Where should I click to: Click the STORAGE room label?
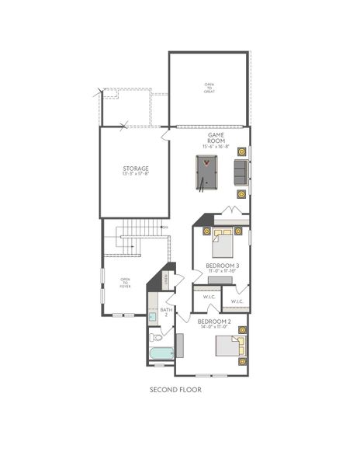tap(136, 168)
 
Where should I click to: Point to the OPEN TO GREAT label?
tap(209, 88)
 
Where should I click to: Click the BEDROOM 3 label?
tap(222, 265)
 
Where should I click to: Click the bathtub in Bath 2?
tap(161, 356)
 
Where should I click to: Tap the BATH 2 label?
tap(164, 312)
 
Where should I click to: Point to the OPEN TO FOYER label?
tap(124, 283)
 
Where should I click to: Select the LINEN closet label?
tap(166, 278)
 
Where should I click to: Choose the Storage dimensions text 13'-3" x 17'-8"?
tap(136, 174)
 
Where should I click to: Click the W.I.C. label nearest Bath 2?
tap(209, 297)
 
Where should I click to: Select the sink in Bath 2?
tap(152, 316)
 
